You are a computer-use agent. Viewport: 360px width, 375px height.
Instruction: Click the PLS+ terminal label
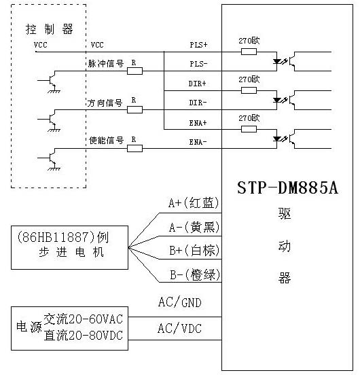coord(198,45)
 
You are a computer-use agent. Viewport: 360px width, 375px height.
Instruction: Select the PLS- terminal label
coord(198,64)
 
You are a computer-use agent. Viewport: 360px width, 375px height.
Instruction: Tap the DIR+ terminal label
coord(198,84)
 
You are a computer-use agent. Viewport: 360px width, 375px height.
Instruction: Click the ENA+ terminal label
coord(198,122)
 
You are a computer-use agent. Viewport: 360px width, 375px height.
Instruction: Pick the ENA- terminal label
coord(198,142)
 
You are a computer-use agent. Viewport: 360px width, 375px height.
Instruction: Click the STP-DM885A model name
coord(287,187)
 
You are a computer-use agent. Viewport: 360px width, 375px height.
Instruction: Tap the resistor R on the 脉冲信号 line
coord(134,70)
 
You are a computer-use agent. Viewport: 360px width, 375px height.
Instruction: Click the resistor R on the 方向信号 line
coord(134,109)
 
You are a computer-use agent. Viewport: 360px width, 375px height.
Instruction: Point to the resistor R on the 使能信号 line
coord(134,147)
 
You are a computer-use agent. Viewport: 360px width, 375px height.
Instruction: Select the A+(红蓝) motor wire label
coord(194,203)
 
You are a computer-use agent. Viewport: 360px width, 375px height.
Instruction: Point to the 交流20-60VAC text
coord(84,319)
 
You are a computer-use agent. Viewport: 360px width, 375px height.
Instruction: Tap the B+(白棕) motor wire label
coord(194,251)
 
